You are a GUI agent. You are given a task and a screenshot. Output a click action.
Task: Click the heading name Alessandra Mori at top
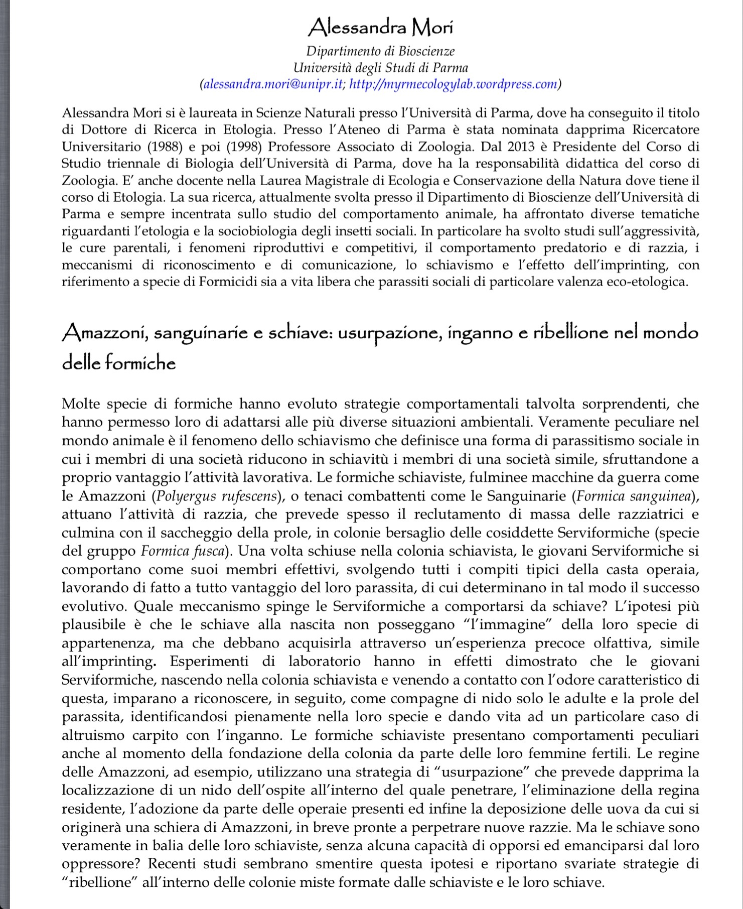[x=380, y=27]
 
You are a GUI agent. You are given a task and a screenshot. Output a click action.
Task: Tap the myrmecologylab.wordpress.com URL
[x=453, y=84]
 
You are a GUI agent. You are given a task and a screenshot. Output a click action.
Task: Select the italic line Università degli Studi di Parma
[x=380, y=68]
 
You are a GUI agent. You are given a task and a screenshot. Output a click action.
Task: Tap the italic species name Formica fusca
[x=182, y=551]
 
